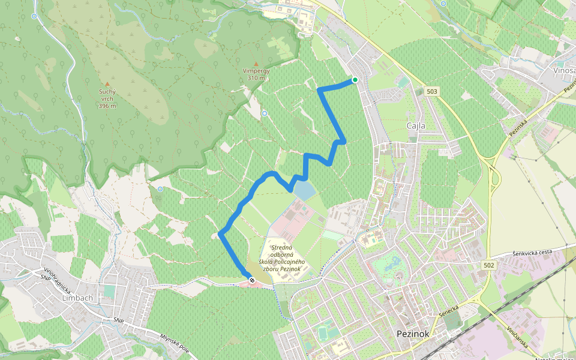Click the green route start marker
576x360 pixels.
click(355, 80)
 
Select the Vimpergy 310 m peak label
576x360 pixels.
click(256, 74)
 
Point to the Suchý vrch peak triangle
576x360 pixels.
click(107, 84)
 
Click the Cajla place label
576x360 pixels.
click(416, 126)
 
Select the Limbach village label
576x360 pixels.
click(78, 298)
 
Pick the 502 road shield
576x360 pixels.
click(488, 265)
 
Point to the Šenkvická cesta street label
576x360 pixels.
click(532, 252)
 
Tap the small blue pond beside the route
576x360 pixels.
click(304, 191)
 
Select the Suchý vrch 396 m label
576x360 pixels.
click(107, 99)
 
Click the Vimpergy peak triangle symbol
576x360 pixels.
click(256, 64)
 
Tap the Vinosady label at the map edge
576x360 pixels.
click(564, 70)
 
